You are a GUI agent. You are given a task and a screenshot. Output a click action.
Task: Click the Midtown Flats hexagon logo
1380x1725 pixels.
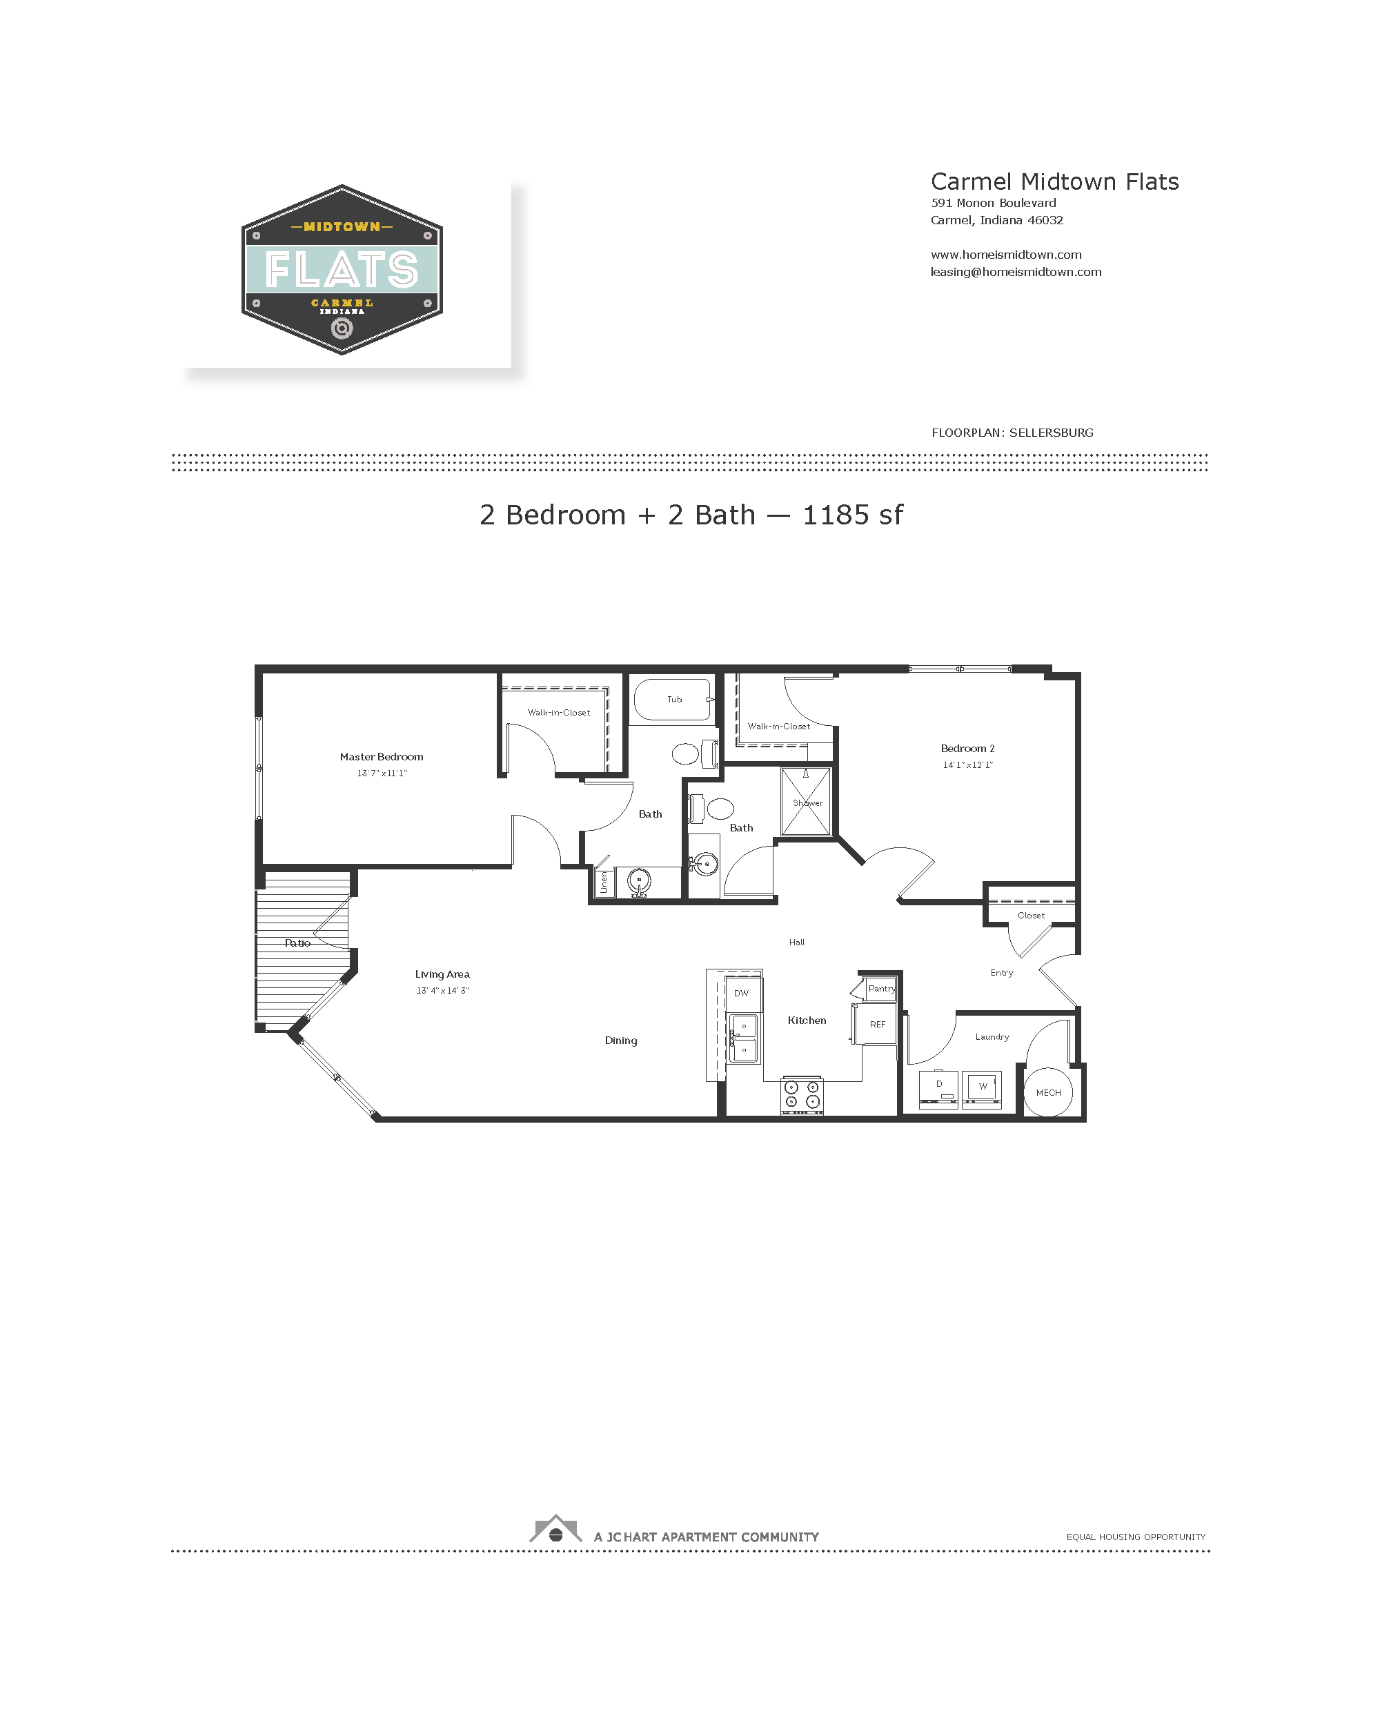point(342,270)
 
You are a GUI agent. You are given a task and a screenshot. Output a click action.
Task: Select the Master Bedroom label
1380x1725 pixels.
point(382,757)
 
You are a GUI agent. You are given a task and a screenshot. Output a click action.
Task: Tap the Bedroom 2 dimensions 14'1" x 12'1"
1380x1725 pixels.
point(967,765)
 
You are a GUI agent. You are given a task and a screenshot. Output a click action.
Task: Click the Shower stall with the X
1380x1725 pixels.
point(806,802)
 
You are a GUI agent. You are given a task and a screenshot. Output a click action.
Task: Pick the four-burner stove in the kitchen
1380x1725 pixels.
point(802,1094)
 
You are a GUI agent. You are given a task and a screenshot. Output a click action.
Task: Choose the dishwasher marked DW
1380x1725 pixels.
point(743,994)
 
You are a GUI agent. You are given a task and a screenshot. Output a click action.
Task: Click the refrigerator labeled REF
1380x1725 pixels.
point(876,1024)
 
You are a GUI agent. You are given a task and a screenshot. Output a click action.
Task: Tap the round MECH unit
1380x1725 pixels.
point(1048,1092)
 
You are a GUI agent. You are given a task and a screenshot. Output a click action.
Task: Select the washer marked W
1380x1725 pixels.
point(982,1088)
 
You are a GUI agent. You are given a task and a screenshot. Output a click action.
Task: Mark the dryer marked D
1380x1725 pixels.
point(938,1087)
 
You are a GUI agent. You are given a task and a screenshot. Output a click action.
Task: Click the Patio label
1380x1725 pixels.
point(297,943)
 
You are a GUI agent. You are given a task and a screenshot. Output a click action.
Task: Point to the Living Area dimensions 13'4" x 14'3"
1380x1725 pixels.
point(442,991)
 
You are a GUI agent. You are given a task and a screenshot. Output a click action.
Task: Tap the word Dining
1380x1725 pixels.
point(621,1040)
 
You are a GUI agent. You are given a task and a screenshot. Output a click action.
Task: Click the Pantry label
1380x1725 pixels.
point(882,989)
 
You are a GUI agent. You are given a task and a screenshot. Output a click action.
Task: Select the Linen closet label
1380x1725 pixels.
point(604,883)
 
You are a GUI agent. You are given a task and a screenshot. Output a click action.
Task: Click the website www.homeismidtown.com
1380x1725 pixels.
point(1005,255)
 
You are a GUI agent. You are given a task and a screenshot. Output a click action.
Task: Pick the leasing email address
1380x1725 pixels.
point(1016,272)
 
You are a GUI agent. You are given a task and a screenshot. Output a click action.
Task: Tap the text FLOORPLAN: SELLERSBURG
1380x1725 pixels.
point(1012,433)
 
